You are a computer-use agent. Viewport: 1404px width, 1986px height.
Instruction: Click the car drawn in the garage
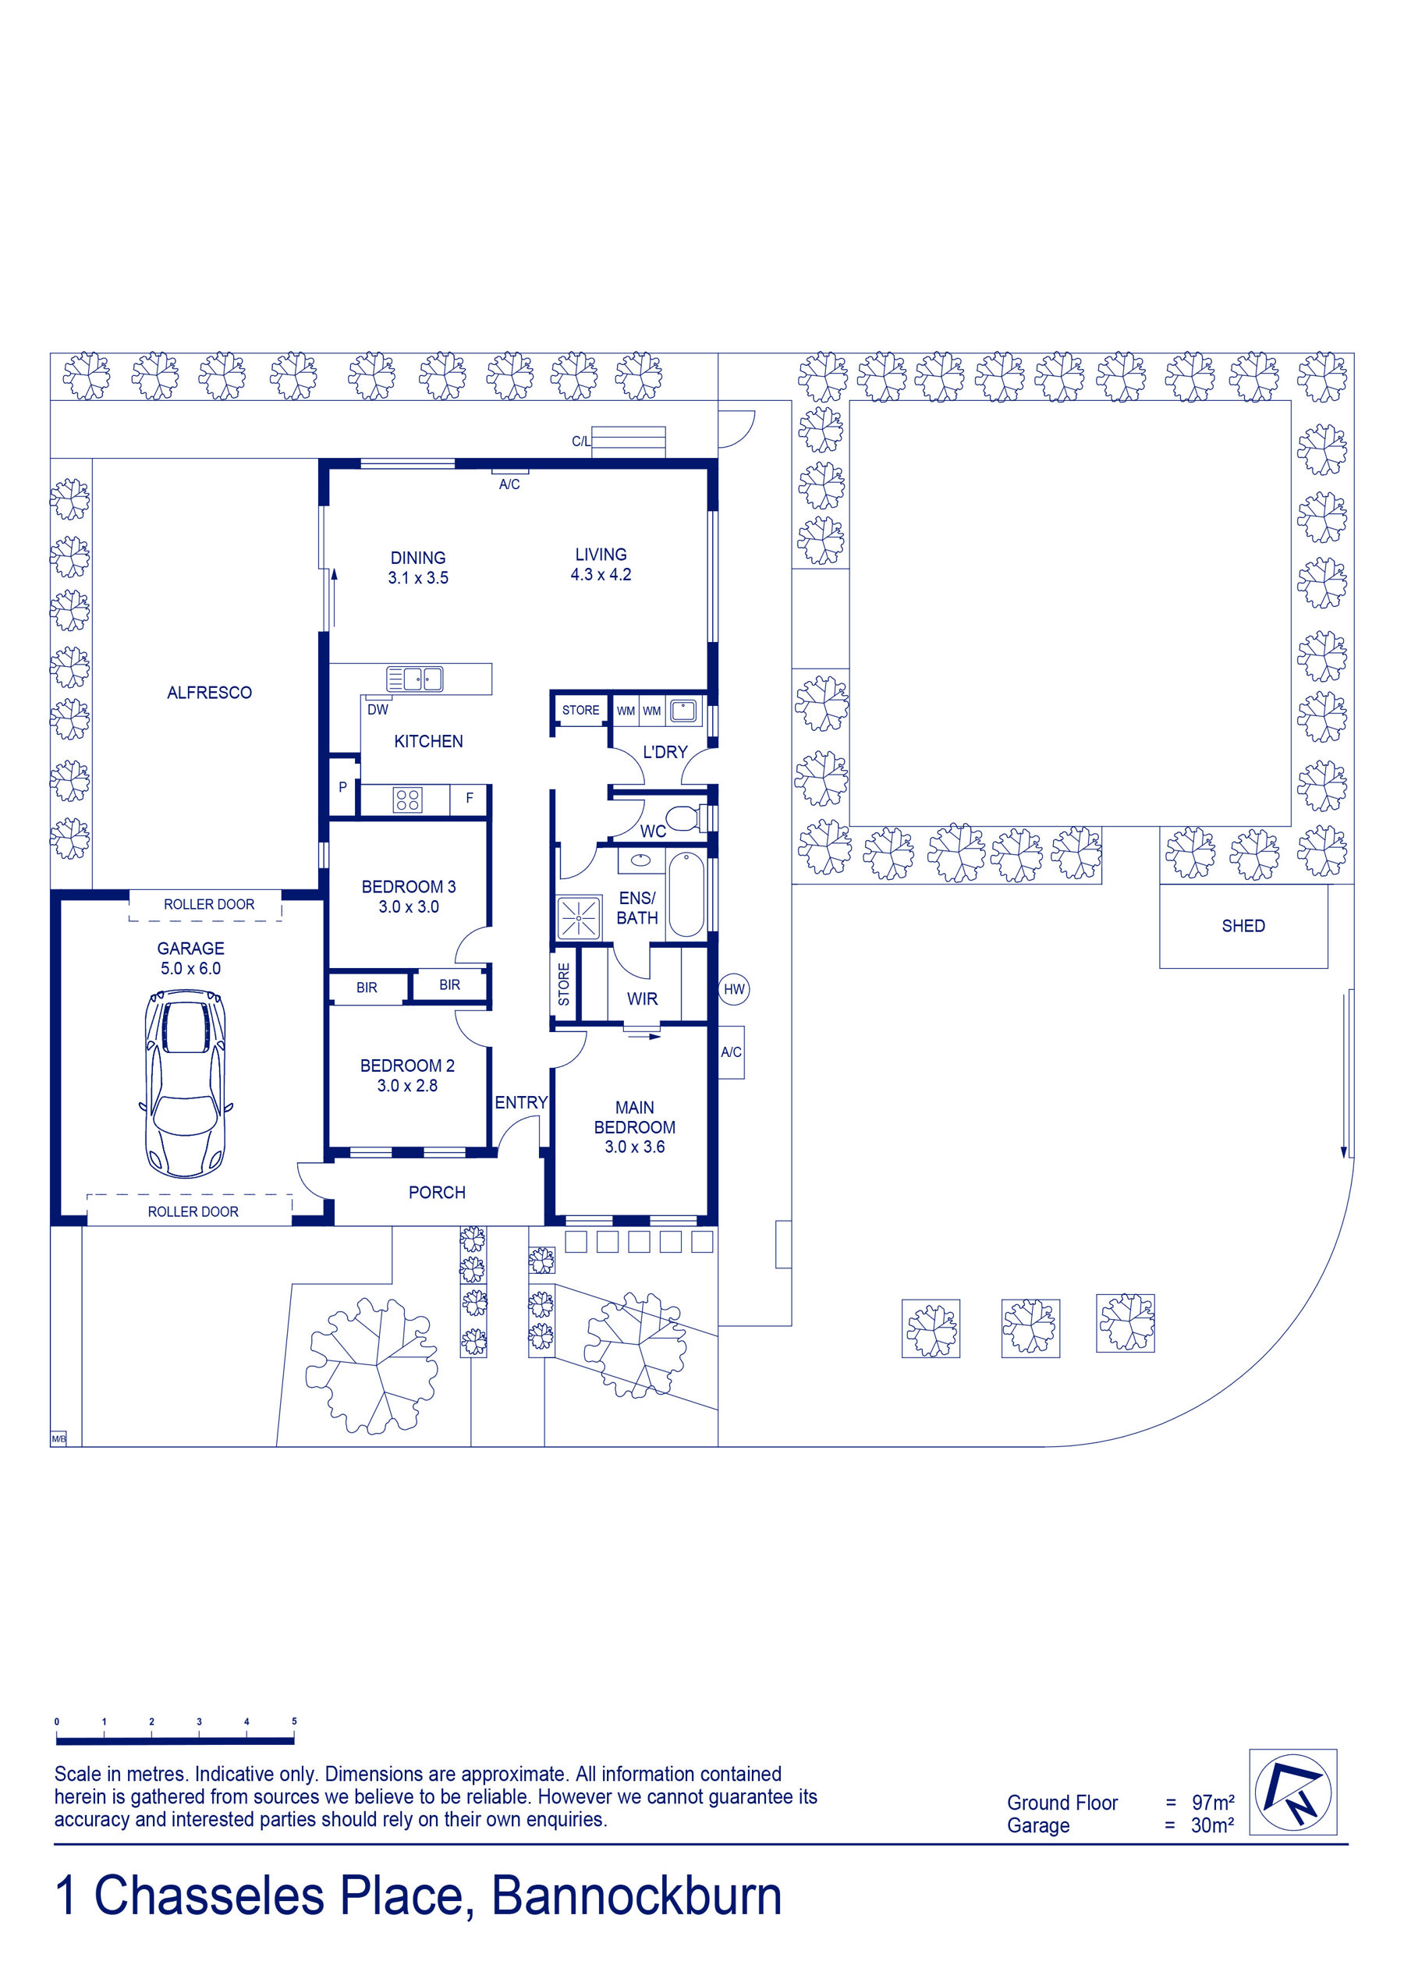[x=186, y=1083]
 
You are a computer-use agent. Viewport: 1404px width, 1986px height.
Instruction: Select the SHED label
[x=1243, y=926]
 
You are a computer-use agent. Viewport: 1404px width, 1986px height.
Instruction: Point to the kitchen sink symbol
[x=414, y=678]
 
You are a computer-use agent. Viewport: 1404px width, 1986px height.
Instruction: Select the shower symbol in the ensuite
[x=579, y=919]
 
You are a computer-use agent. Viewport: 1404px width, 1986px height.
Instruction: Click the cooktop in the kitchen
[x=408, y=800]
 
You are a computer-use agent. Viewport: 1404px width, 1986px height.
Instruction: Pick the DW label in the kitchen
[x=378, y=709]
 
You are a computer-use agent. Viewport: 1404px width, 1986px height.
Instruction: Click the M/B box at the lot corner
[x=58, y=1438]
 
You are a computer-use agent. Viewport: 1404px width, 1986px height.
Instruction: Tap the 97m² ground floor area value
[x=1213, y=1803]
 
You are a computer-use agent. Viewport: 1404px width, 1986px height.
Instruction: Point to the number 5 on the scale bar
[x=294, y=1722]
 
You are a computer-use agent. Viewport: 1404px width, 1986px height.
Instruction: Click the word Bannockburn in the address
[x=636, y=1897]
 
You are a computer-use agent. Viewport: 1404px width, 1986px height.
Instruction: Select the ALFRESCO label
[x=209, y=693]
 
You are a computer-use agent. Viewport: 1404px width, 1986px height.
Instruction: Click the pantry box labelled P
[x=343, y=786]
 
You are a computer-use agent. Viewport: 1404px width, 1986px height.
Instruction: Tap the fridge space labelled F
[x=469, y=800]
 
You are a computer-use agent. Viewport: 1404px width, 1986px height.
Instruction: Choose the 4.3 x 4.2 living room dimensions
[x=601, y=574]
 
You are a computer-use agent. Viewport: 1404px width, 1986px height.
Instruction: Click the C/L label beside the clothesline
[x=581, y=442]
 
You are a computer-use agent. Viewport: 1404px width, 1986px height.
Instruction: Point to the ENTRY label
[x=521, y=1102]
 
